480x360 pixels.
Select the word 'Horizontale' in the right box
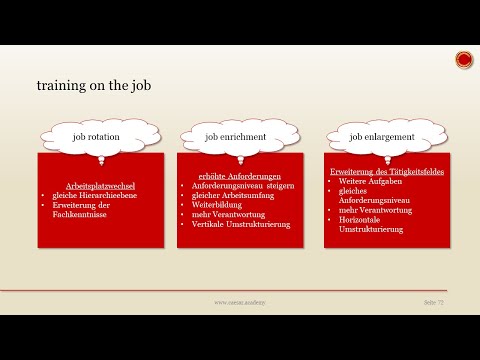(x=361, y=222)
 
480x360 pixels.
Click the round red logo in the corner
(x=463, y=60)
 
